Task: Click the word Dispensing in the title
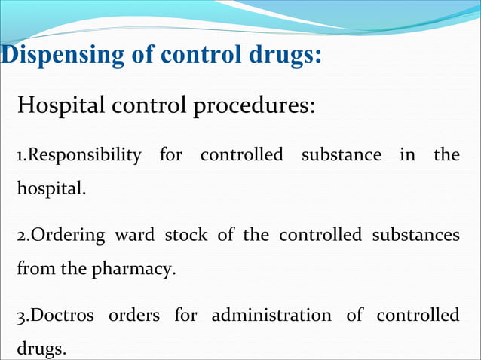point(53,56)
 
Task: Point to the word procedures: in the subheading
point(253,106)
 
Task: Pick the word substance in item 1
point(341,156)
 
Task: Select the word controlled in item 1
point(241,156)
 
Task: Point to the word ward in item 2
point(134,236)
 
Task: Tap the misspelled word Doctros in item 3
point(57,316)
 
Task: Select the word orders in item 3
point(133,316)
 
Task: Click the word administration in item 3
point(271,316)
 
